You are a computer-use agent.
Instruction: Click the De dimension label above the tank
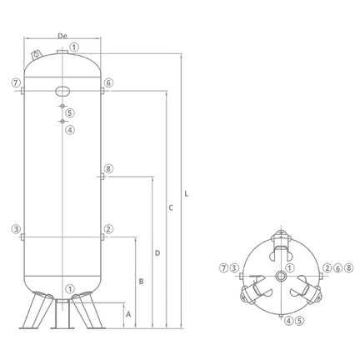click(62, 36)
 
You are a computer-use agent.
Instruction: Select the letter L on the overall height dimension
click(187, 194)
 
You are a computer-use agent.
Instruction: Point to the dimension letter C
click(171, 207)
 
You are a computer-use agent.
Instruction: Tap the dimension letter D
click(157, 253)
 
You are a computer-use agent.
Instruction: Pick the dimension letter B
click(141, 282)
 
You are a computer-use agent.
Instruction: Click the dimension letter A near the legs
click(128, 314)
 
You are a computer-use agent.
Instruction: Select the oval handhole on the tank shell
click(62, 91)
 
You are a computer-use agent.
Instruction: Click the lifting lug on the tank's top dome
click(37, 55)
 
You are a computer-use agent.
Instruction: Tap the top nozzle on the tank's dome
click(62, 52)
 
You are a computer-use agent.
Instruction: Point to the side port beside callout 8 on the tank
click(102, 177)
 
